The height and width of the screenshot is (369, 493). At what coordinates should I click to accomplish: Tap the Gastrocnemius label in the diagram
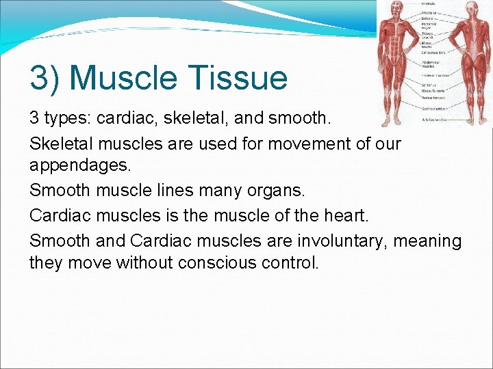tap(433, 108)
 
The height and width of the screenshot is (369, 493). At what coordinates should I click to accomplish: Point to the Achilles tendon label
tap(433, 119)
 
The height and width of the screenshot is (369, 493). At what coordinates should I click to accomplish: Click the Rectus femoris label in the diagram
tap(433, 98)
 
